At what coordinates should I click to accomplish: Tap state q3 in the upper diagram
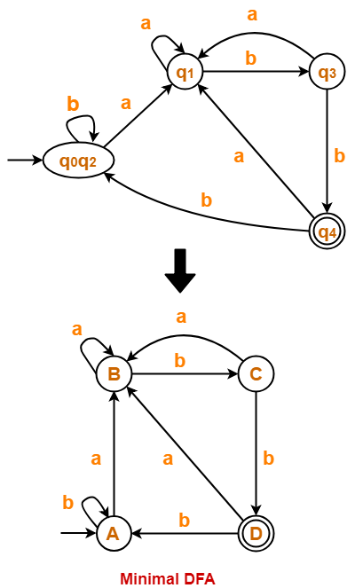tap(327, 73)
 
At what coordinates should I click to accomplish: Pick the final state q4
tap(327, 232)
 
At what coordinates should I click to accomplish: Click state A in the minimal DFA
tap(113, 533)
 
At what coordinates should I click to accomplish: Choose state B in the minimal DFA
tap(114, 373)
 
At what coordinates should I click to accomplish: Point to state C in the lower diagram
tap(256, 373)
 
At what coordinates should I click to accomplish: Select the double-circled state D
tap(256, 533)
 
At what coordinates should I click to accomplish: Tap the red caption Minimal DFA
tap(168, 578)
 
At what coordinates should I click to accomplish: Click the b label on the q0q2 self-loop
tap(73, 104)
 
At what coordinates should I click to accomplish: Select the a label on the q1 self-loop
tap(146, 24)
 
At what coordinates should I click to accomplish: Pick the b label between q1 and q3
tap(250, 58)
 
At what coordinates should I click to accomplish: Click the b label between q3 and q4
tap(338, 156)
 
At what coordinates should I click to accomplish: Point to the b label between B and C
tap(179, 359)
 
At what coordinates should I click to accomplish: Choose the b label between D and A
tap(185, 520)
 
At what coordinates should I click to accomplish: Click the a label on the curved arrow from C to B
tap(181, 317)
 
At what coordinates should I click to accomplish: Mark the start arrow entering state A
tap(78, 533)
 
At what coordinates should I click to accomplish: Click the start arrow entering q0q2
tap(25, 161)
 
